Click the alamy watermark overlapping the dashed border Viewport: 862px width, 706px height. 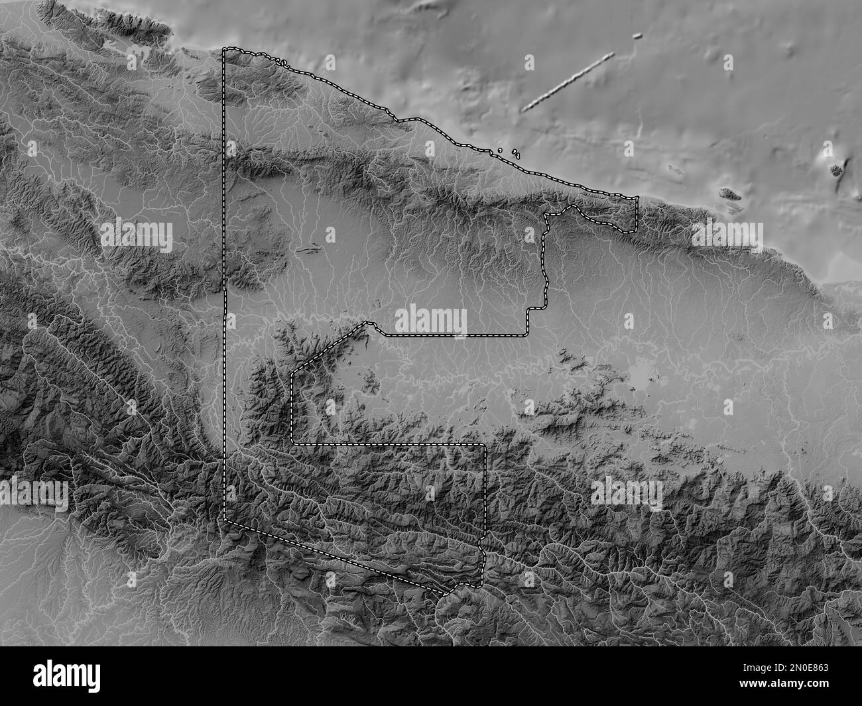431,321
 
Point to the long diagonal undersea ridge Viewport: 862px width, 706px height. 568,82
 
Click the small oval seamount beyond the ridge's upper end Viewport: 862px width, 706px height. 638,36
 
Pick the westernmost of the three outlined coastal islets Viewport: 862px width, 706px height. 499,150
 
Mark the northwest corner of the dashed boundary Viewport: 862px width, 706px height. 224,49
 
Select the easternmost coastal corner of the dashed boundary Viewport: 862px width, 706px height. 637,198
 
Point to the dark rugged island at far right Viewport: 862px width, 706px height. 837,169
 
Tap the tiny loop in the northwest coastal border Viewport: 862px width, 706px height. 283,63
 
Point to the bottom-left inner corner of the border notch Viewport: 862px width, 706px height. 292,442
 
